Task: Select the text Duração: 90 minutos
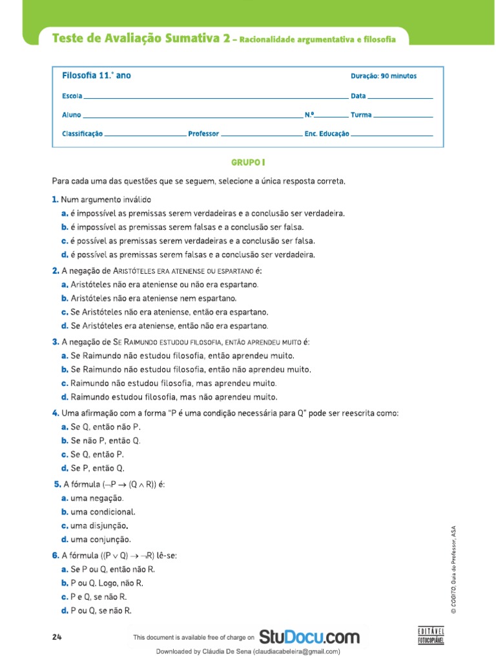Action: pos(383,76)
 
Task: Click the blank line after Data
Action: pos(400,96)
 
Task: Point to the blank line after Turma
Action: pos(403,116)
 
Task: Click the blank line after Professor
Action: pos(261,134)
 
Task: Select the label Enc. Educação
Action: pos(327,134)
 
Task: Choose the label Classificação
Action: pos(82,134)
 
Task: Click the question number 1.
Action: pos(55,199)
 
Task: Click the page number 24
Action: pos(57,637)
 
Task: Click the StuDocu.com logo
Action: pos(309,637)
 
